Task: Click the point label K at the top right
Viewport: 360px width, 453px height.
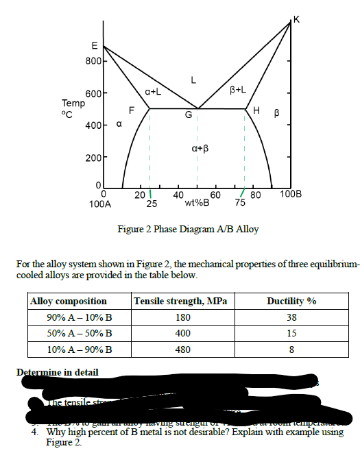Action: pyautogui.click(x=296, y=18)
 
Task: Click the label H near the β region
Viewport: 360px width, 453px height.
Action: pyautogui.click(x=256, y=112)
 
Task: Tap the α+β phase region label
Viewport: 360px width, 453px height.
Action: pyautogui.click(x=198, y=148)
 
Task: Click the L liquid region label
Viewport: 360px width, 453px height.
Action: pyautogui.click(x=194, y=80)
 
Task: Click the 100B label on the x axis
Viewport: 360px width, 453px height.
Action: pyautogui.click(x=296, y=194)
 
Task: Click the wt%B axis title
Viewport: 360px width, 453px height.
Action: pyautogui.click(x=198, y=204)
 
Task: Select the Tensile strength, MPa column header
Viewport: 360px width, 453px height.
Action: pyautogui.click(x=180, y=302)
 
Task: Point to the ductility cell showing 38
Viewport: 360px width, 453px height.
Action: pyautogui.click(x=291, y=317)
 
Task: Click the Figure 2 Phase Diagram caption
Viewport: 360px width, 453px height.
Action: pyautogui.click(x=189, y=229)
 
